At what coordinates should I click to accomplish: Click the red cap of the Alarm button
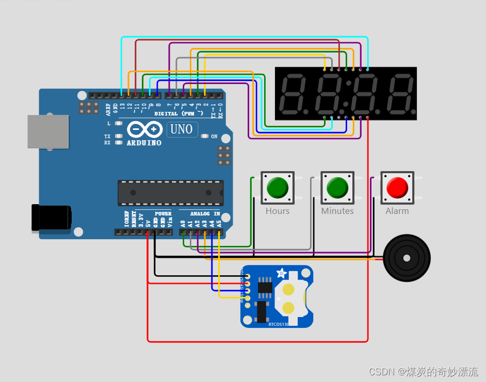click(397, 187)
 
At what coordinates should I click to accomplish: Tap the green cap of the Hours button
click(278, 187)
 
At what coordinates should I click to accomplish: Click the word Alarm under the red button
click(397, 211)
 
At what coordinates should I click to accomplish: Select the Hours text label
click(278, 211)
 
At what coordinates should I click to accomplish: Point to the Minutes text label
click(337, 211)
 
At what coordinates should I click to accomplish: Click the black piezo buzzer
click(407, 256)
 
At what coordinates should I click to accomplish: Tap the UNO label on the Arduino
click(182, 129)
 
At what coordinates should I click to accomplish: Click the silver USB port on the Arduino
click(48, 131)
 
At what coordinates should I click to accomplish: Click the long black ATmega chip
click(170, 193)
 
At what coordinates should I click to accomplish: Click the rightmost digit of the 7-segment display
click(401, 93)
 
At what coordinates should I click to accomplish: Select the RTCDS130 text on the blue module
click(283, 325)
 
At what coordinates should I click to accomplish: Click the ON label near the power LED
click(214, 137)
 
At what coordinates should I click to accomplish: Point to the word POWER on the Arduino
click(163, 213)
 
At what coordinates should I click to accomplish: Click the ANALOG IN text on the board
click(205, 213)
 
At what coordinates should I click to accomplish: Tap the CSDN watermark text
click(423, 371)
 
